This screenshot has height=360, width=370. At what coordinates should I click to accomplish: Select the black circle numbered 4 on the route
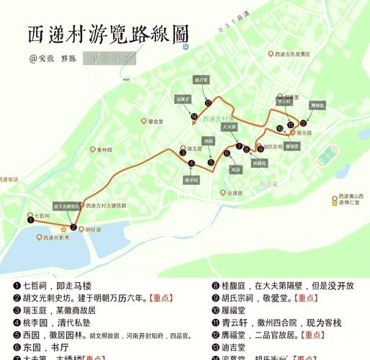[x=191, y=163]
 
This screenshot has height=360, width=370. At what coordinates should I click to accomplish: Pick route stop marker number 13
[x=208, y=102]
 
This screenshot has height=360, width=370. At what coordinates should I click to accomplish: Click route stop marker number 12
[x=304, y=123]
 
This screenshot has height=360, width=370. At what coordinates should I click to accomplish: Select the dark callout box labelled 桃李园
[x=191, y=179]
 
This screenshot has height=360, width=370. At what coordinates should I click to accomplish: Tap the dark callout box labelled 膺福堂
[x=317, y=105]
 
